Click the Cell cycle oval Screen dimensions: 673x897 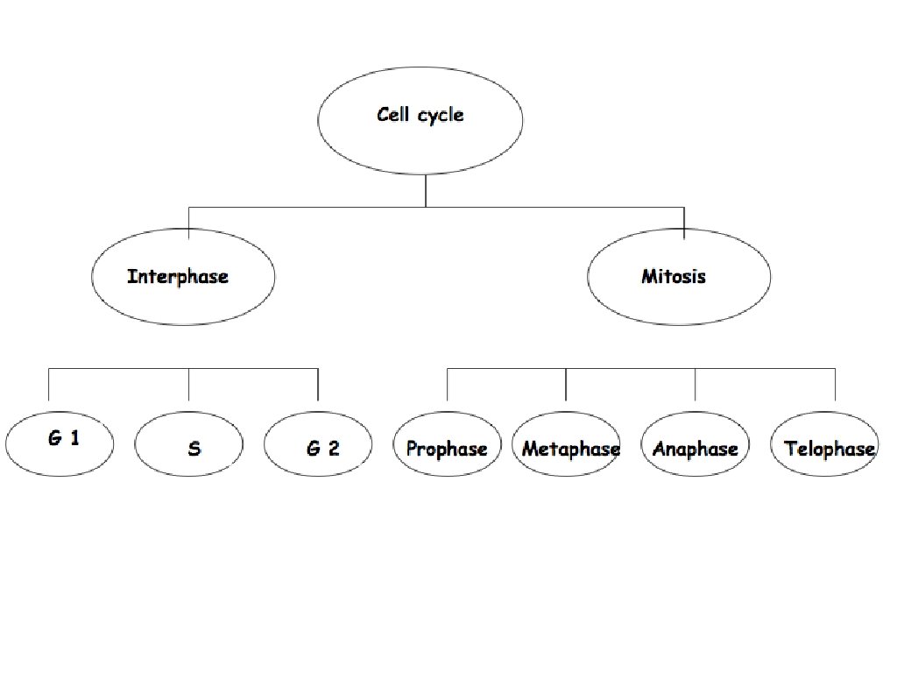[x=420, y=118]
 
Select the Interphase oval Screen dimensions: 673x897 [x=182, y=277]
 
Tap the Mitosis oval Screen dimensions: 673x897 [x=679, y=277]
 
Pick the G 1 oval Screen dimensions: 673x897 [x=60, y=443]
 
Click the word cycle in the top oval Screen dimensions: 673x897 [x=441, y=115]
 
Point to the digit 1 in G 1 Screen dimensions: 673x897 [x=74, y=437]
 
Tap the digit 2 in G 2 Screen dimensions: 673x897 [x=334, y=449]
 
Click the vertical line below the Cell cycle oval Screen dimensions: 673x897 [x=426, y=190]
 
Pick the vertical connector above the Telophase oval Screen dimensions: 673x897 [x=835, y=386]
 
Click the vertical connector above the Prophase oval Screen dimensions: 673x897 [x=448, y=386]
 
